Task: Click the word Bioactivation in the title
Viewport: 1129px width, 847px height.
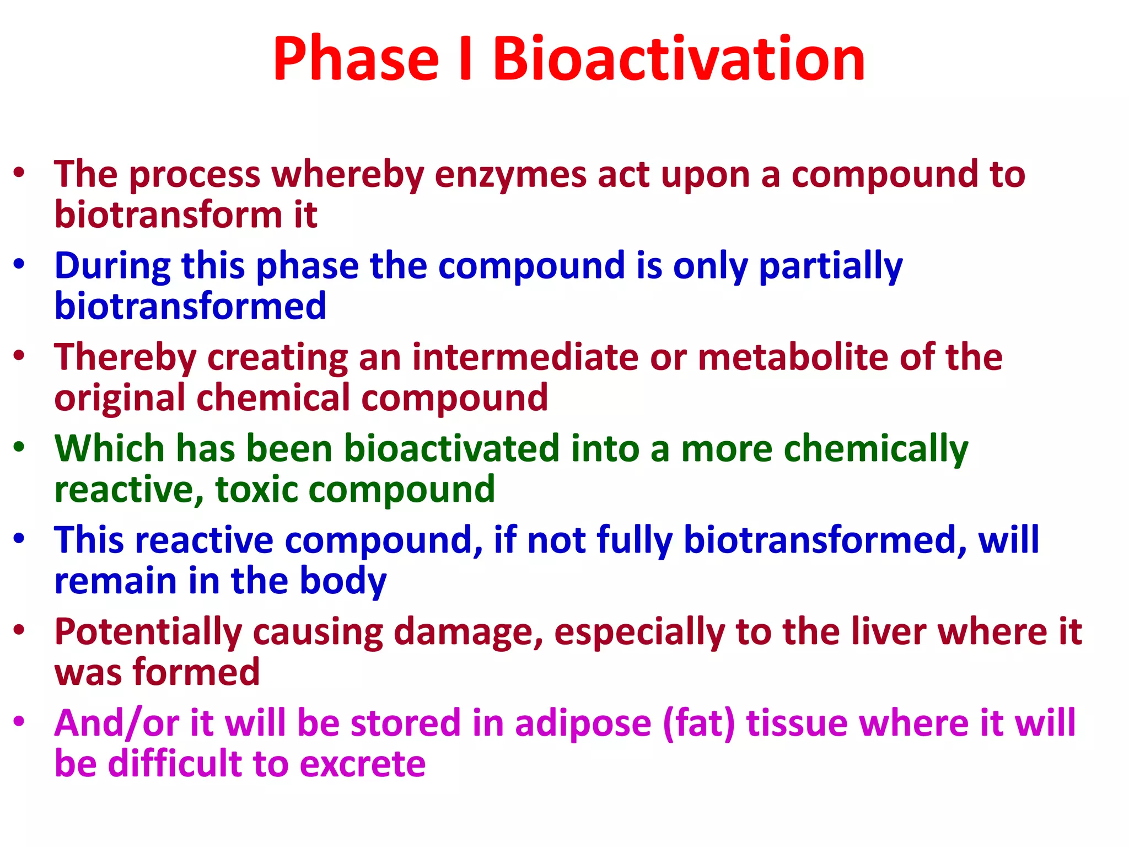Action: tap(678, 59)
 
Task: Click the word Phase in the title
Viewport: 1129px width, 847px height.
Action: tap(356, 59)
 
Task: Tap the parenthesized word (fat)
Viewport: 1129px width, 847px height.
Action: tap(698, 723)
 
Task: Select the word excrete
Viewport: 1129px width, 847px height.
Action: tap(362, 764)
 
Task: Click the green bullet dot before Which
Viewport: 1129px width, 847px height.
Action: tap(19, 447)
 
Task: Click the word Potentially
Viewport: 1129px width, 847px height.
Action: tap(148, 632)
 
